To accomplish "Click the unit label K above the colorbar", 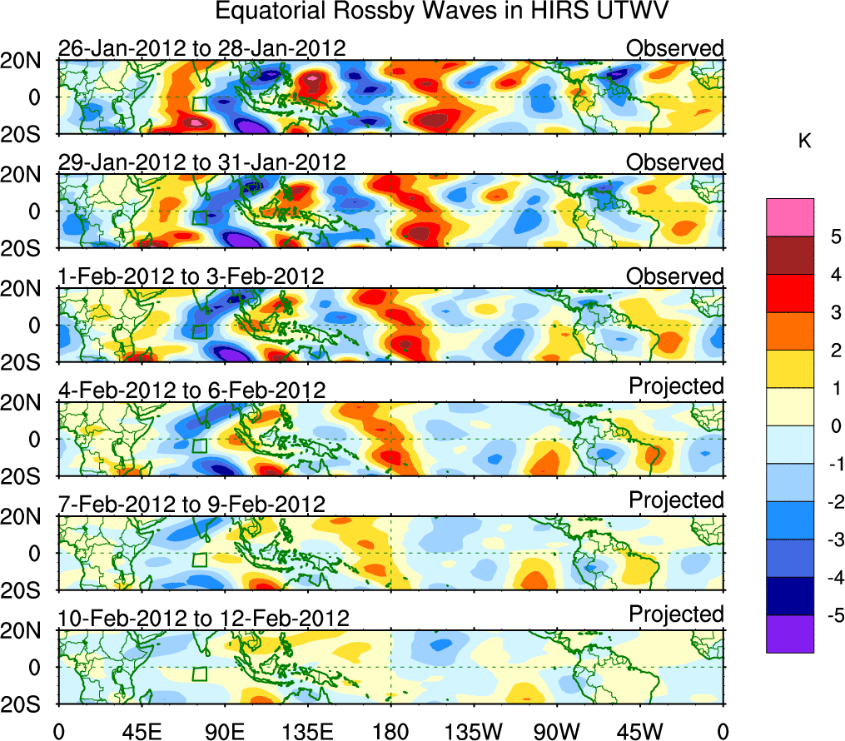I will tap(805, 142).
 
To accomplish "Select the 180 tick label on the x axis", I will tap(390, 731).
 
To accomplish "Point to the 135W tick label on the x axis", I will tap(474, 731).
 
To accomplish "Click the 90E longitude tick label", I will tap(224, 731).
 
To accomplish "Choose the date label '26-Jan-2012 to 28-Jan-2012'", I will tap(201, 48).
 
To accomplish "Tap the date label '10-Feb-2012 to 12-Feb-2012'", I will tap(203, 619).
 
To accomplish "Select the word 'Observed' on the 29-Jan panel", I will tap(674, 162).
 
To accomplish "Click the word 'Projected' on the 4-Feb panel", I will tap(676, 386).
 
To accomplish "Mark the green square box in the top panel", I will tap(199, 103).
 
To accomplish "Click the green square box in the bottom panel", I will tap(199, 674).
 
